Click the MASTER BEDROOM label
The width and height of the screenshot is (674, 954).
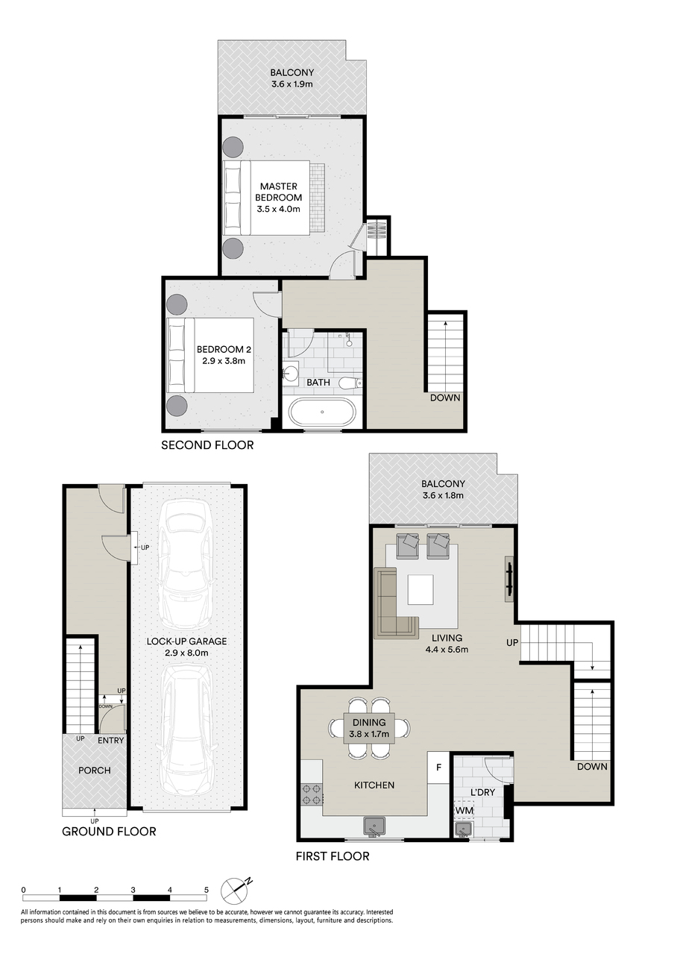[278, 192]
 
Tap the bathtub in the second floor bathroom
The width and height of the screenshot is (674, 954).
[322, 412]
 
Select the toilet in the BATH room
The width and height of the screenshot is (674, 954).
[350, 383]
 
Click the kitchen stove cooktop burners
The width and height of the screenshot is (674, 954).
[312, 794]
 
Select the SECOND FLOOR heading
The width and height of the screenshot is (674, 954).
[207, 445]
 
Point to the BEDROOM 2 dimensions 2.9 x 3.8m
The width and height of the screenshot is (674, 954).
[224, 361]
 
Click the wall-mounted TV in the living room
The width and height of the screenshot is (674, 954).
[509, 579]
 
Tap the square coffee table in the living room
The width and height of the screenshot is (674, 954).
[421, 589]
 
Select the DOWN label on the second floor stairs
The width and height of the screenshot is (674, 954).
[445, 398]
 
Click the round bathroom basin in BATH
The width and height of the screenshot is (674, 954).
[291, 374]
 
